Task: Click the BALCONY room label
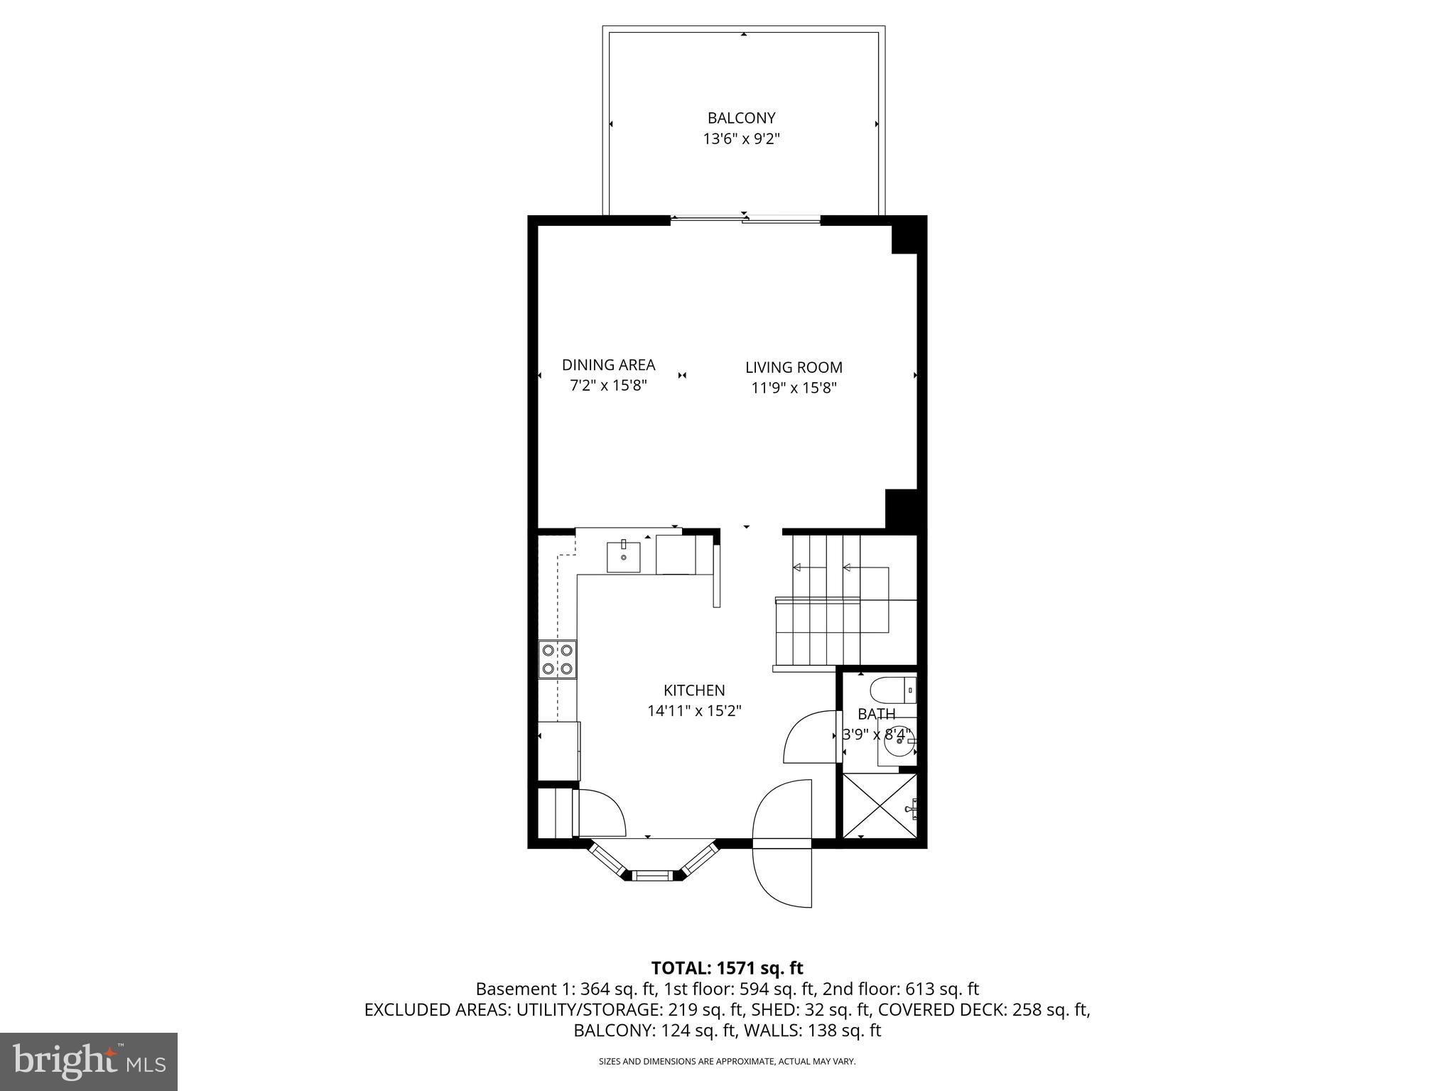741,118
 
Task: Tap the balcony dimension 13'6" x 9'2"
741,139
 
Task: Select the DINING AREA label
608,364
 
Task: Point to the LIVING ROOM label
794,367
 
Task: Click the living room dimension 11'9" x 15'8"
794,388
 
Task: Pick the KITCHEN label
694,690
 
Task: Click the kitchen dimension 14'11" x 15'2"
694,710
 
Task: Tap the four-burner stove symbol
558,659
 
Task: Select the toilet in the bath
892,689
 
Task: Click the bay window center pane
652,875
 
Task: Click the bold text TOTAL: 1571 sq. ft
727,967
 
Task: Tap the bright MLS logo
89,1061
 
